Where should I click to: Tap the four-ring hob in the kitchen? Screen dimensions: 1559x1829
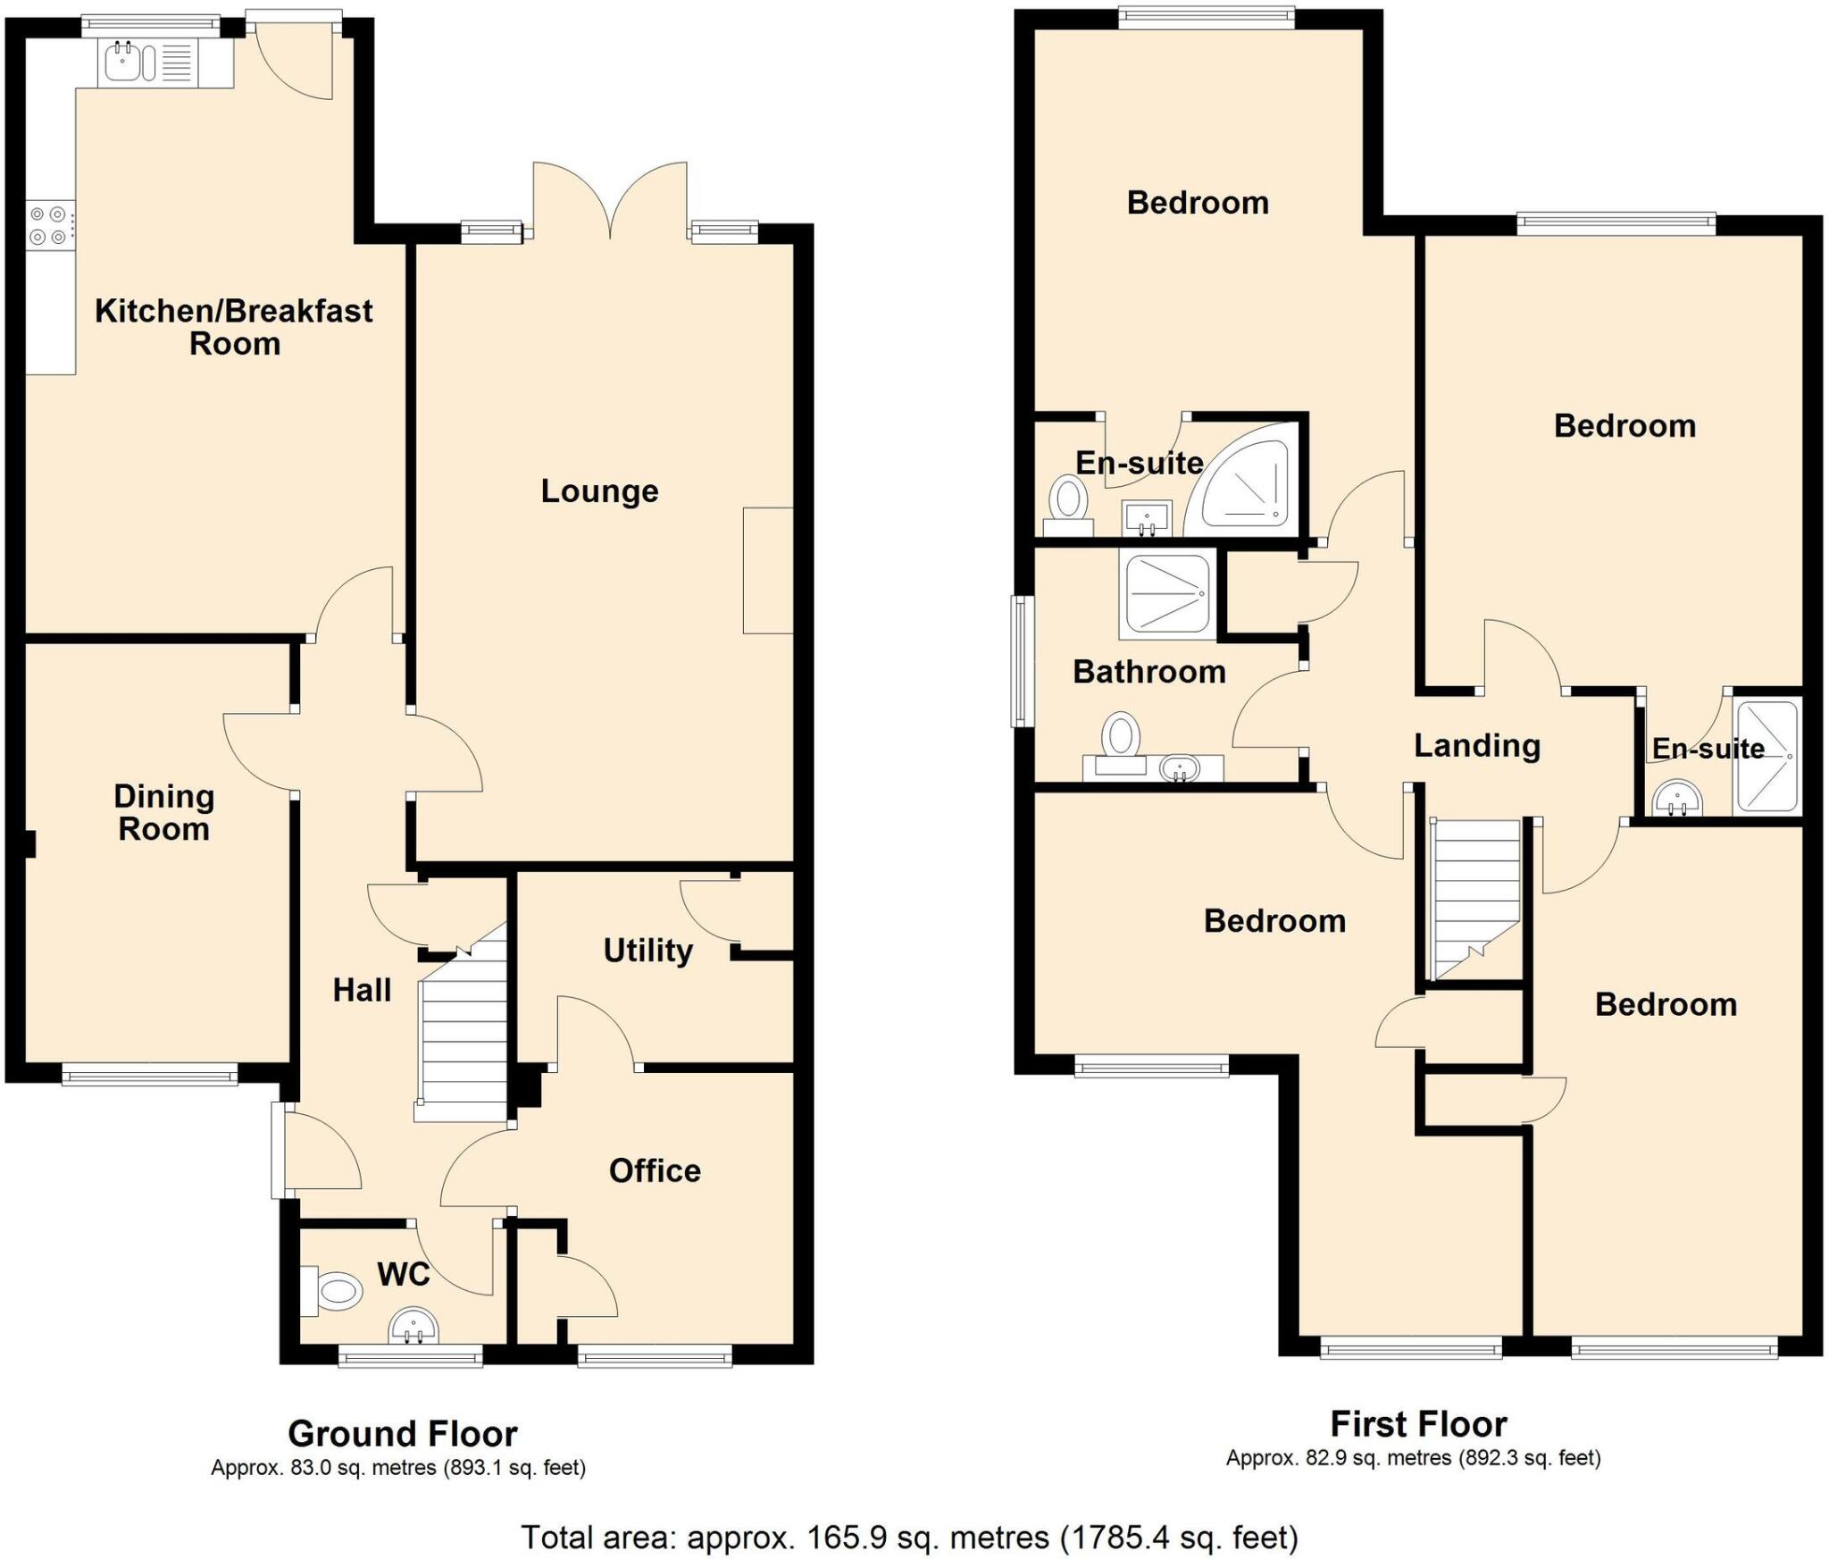[x=48, y=225]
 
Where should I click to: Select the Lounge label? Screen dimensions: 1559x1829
[x=599, y=490]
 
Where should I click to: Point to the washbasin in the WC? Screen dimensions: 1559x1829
[x=413, y=1327]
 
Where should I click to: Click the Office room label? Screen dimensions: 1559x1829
[x=655, y=1170]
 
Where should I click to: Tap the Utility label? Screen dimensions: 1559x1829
[x=647, y=950]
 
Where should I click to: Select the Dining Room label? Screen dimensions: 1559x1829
[x=163, y=812]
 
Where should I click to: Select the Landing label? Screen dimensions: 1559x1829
[x=1477, y=745]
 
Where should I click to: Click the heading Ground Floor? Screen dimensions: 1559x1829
[x=402, y=1434]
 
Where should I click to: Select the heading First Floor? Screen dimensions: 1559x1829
[x=1418, y=1423]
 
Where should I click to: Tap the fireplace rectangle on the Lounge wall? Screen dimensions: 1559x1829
[x=768, y=571]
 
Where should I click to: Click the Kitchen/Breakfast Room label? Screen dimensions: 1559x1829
[x=234, y=327]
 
